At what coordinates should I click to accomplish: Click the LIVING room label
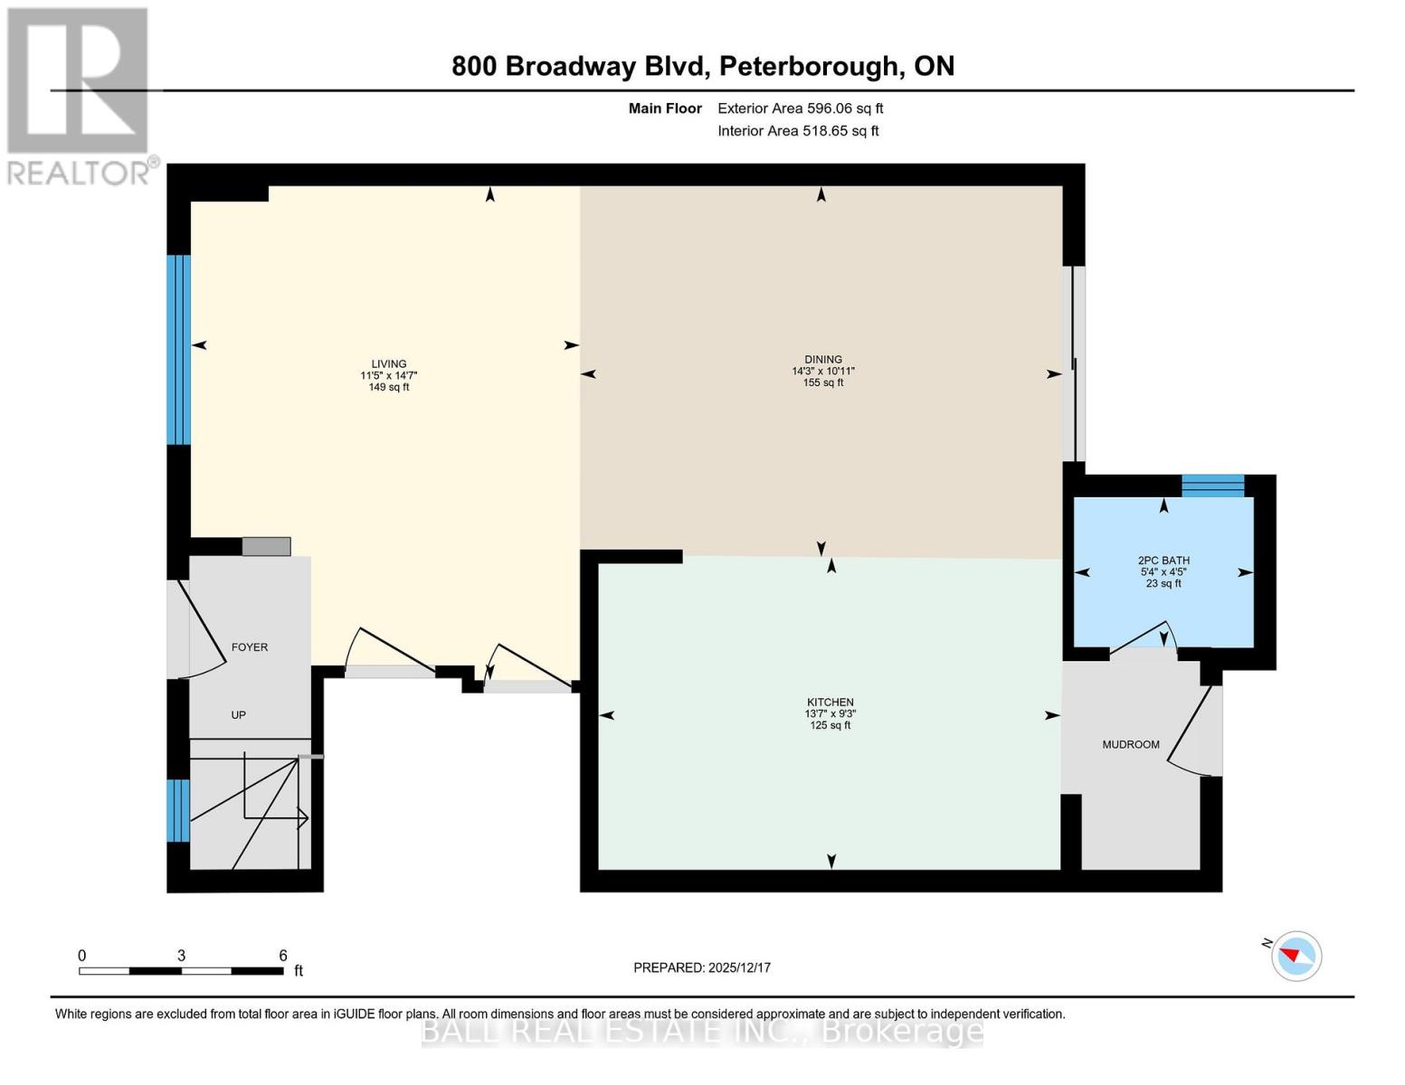coord(389,363)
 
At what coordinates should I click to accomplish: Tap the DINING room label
coord(822,359)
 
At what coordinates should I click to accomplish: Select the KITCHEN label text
coord(831,702)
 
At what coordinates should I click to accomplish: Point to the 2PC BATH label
coord(1163,561)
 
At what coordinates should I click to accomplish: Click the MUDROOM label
coord(1130,744)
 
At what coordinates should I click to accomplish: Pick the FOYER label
coord(250,647)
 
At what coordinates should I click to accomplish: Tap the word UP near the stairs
coord(238,714)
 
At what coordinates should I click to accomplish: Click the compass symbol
coord(1296,956)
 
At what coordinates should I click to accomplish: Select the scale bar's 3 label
coord(182,956)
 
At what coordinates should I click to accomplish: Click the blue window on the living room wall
coord(179,350)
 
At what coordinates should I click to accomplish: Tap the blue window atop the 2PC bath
coord(1212,486)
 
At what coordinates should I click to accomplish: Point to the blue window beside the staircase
coord(178,810)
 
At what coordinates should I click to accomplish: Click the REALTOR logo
coord(80,95)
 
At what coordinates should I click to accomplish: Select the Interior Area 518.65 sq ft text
coord(798,131)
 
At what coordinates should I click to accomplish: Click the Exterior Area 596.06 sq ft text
coord(800,108)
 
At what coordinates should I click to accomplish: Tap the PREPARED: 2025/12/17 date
coord(702,967)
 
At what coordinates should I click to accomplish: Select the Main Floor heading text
coord(665,108)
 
